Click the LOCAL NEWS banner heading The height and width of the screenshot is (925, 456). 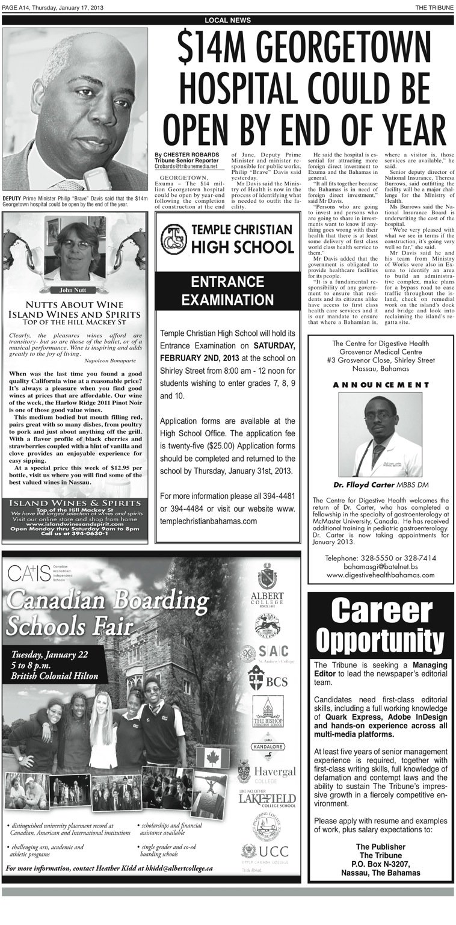(228, 20)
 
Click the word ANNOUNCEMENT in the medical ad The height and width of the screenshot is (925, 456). (381, 385)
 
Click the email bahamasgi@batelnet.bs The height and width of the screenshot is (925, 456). (381, 566)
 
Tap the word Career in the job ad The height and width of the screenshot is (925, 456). (381, 612)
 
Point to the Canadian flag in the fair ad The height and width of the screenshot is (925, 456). (213, 758)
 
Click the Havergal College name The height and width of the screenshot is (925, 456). (274, 772)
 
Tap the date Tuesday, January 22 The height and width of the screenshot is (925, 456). (50, 654)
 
